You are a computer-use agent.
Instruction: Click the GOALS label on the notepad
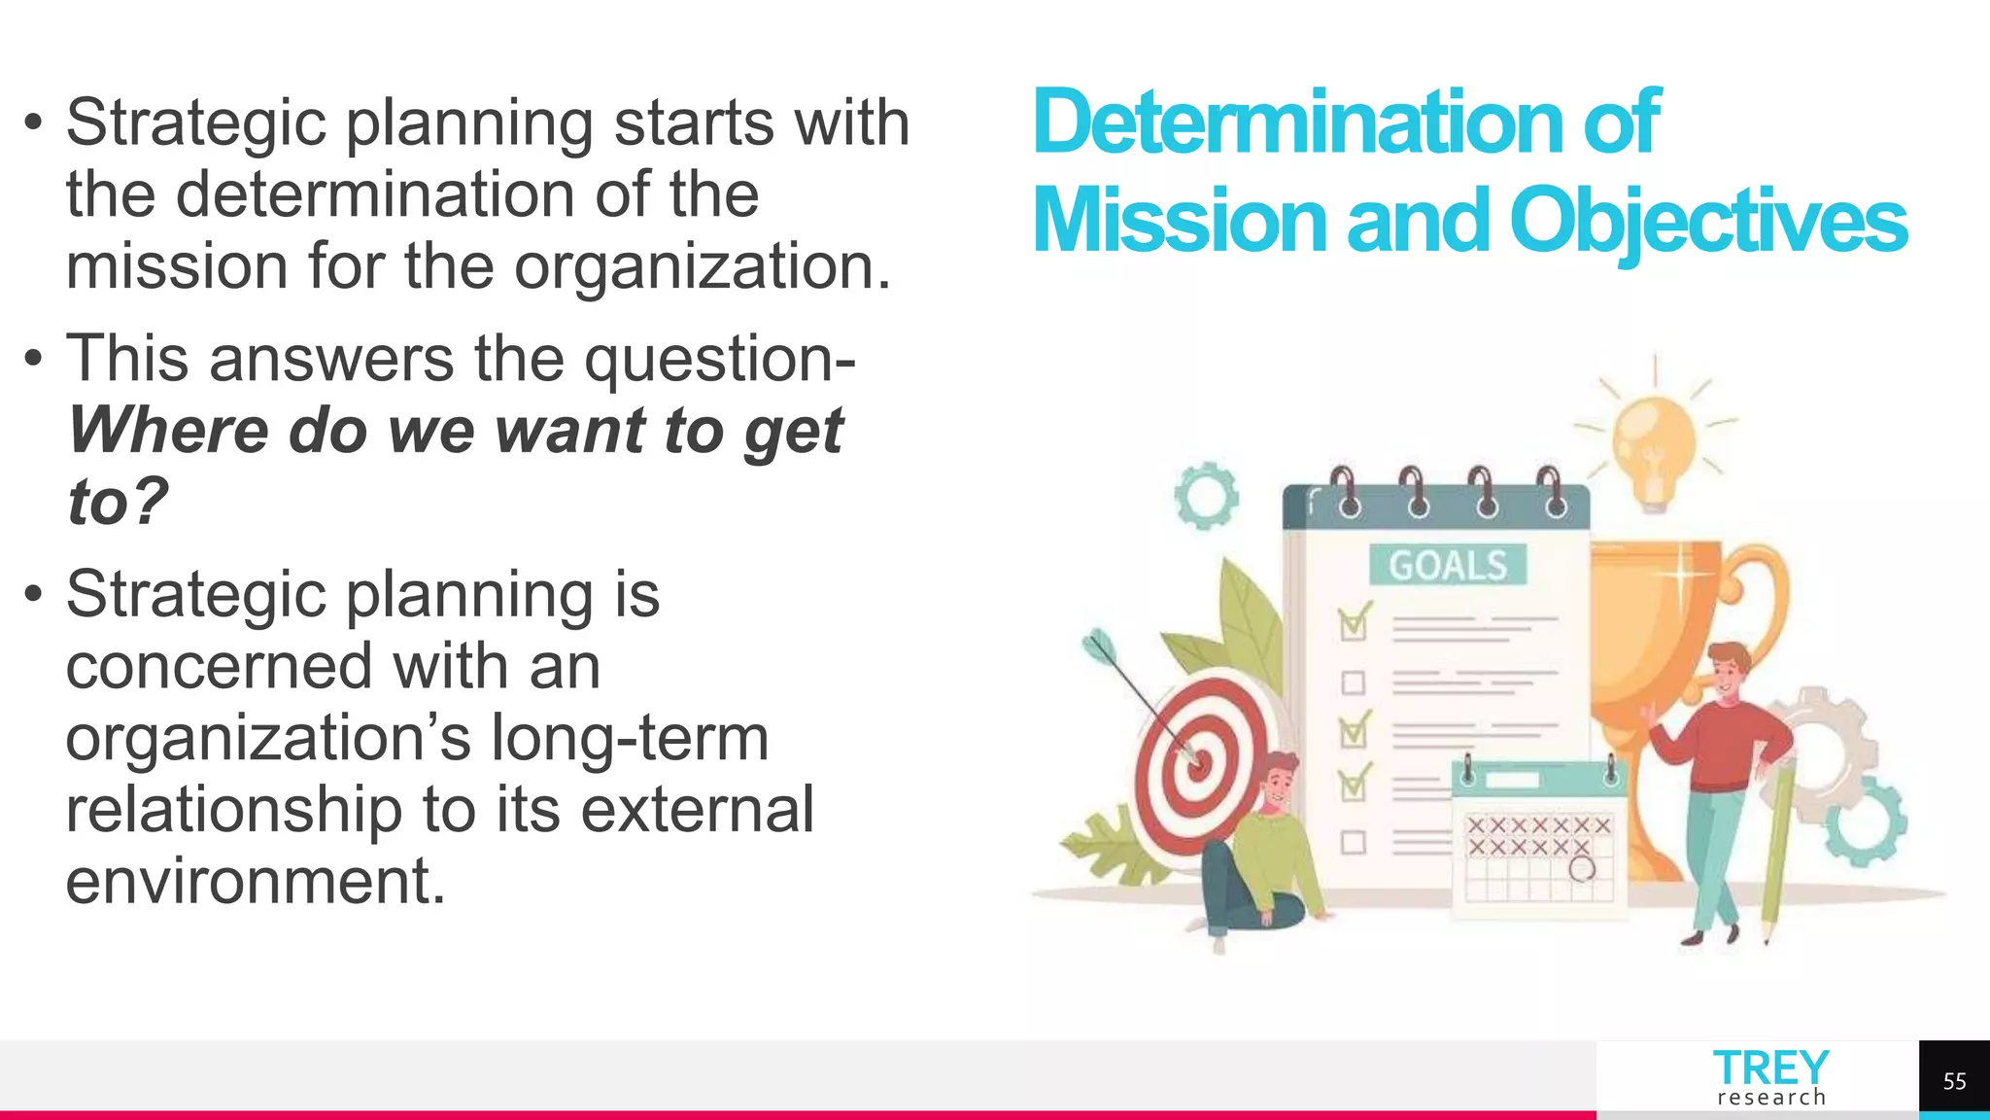pos(1448,565)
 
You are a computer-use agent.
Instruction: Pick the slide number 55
pos(1954,1081)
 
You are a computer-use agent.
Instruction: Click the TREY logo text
pos(1770,1068)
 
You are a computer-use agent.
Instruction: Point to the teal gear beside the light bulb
pos(1206,496)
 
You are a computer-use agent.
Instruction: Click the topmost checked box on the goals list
pos(1353,625)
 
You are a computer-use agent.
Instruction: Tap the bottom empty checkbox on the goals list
pos(1353,842)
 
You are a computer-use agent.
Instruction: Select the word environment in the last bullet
pos(255,881)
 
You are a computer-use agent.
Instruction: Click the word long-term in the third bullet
pos(630,738)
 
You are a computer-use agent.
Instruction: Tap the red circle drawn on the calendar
pos(1582,868)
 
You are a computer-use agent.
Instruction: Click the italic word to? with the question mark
pos(118,502)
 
